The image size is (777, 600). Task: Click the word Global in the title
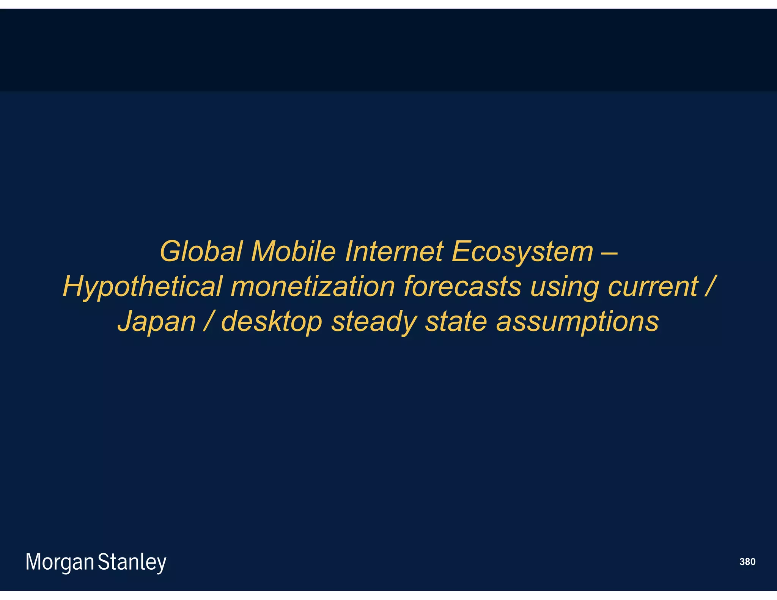point(201,251)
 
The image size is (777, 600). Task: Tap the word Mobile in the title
point(293,251)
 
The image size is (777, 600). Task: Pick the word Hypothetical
point(142,287)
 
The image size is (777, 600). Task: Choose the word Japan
point(156,322)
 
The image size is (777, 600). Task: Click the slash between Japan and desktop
point(208,321)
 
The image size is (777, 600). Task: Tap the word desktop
point(271,322)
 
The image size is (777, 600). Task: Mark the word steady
point(374,322)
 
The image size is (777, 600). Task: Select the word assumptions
point(577,322)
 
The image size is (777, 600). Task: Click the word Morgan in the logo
point(60,562)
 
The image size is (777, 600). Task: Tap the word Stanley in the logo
point(132,562)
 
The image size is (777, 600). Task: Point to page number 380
point(747,562)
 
